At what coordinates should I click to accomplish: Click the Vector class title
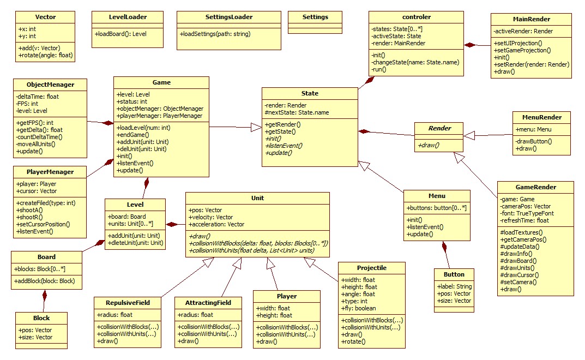45,17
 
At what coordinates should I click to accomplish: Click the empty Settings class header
315,17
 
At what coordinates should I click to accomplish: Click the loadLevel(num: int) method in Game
143,128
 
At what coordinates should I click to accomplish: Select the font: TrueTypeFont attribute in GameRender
528,214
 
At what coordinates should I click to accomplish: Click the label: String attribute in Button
455,286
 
